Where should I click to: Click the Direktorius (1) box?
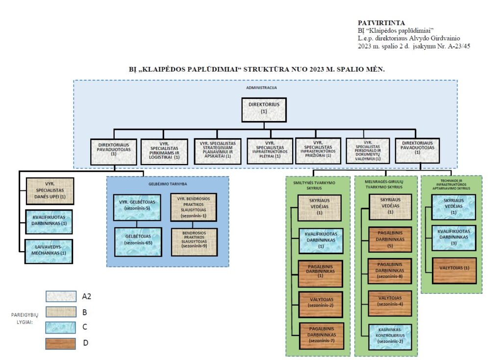click(264, 110)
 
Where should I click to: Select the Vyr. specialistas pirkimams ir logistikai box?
click(164, 152)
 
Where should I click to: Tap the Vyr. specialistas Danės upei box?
click(50, 191)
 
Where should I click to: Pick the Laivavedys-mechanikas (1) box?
click(49, 252)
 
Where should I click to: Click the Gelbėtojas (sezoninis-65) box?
click(138, 241)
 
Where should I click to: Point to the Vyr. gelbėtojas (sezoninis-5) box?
click(137, 207)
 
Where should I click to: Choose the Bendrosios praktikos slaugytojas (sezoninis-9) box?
click(194, 242)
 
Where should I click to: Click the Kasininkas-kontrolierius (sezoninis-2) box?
click(390, 337)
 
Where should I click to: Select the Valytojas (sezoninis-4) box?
click(390, 303)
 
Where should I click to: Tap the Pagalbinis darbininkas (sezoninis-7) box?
click(322, 336)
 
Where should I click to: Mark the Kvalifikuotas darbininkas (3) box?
click(453, 238)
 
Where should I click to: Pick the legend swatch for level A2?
click(61, 296)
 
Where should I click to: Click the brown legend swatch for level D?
click(61, 344)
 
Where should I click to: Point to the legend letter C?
click(85, 327)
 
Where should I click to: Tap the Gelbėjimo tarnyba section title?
click(168, 184)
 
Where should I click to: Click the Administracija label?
click(262, 88)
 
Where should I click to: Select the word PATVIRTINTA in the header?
click(381, 23)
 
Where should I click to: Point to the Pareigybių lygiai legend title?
click(25, 318)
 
